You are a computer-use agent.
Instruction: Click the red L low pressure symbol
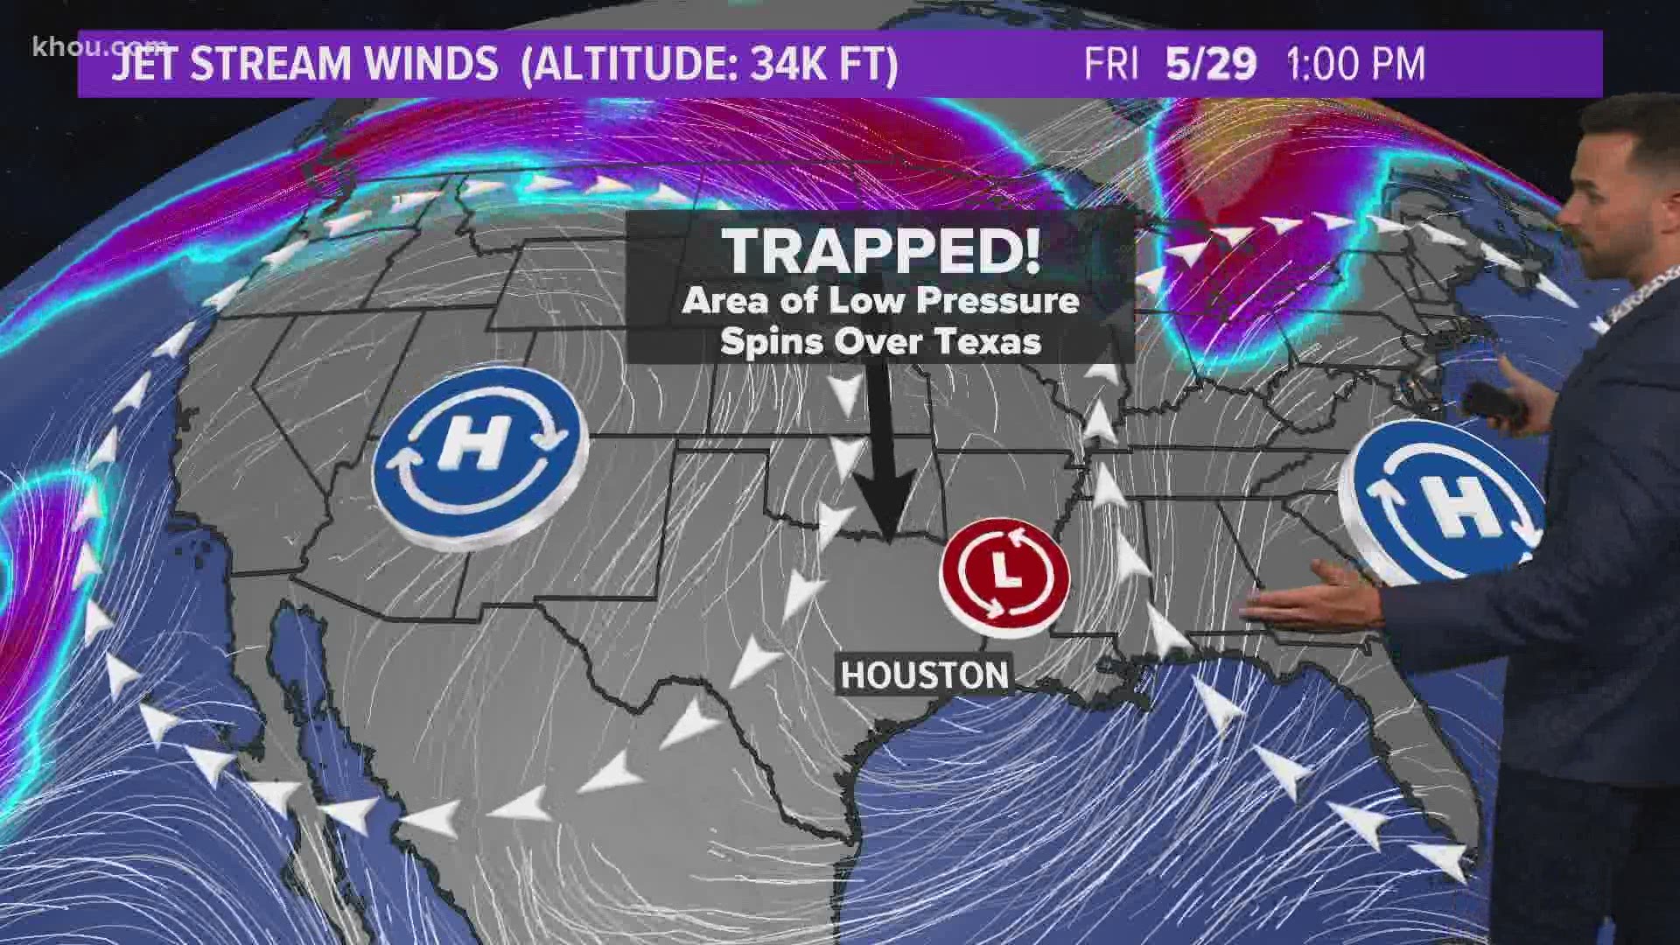(x=1004, y=574)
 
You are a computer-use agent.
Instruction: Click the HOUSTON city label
(x=925, y=675)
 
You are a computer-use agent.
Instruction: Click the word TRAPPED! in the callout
(x=881, y=250)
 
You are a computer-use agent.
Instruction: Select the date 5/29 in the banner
(x=1211, y=64)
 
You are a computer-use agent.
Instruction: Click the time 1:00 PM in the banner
(x=1355, y=64)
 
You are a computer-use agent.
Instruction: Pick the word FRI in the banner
(x=1112, y=64)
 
